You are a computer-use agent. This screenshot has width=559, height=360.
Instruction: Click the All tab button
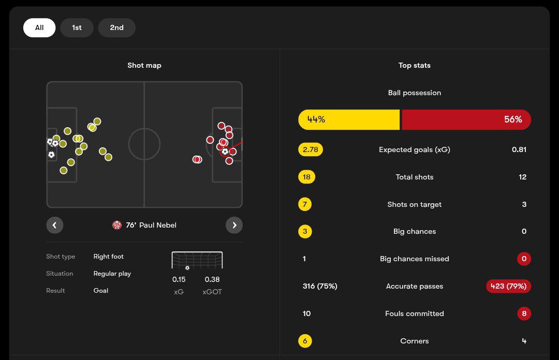[39, 28]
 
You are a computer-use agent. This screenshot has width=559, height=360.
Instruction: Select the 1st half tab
[77, 28]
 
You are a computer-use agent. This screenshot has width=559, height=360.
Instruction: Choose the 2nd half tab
[116, 28]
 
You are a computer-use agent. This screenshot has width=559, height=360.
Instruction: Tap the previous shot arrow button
[54, 225]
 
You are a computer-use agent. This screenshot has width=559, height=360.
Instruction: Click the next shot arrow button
[234, 225]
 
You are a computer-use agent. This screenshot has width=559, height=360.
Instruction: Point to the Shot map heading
[144, 65]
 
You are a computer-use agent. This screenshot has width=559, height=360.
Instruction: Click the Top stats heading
[414, 65]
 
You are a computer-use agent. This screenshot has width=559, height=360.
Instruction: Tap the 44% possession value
[316, 119]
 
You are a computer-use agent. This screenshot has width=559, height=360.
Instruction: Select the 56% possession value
[512, 119]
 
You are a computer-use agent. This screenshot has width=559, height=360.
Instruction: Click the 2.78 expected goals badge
[311, 149]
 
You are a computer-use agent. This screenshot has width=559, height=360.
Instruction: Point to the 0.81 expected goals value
[519, 149]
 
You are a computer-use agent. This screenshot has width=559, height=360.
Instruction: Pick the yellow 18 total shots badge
[306, 177]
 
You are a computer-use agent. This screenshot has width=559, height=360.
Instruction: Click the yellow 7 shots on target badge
[305, 204]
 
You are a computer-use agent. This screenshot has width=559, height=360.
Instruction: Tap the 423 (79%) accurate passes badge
[508, 286]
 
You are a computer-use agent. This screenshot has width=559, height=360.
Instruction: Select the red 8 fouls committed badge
[524, 313]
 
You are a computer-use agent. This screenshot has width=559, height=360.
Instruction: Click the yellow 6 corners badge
[305, 341]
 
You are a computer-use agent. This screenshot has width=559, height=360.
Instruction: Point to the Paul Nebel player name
[158, 225]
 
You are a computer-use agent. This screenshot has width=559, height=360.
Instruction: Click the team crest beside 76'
[117, 225]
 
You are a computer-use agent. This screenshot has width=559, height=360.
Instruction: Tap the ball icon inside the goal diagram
[187, 268]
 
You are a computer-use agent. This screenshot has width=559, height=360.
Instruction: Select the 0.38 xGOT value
[212, 279]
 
